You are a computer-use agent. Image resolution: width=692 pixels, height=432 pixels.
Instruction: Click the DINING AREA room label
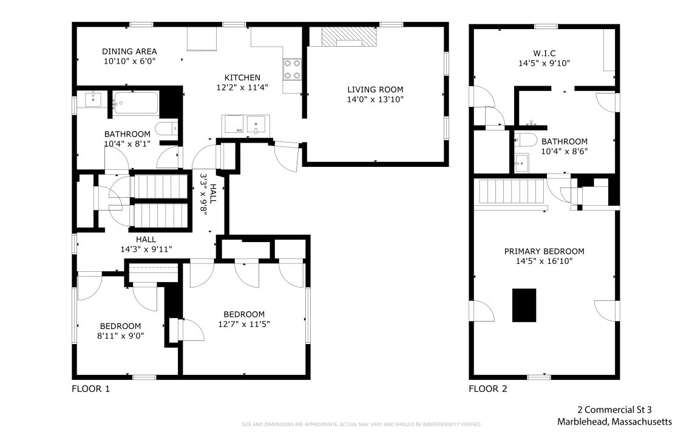tap(129, 52)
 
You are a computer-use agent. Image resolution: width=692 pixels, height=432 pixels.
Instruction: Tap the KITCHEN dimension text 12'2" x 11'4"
tap(242, 87)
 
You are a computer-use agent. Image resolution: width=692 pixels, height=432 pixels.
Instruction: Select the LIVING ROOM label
tap(375, 90)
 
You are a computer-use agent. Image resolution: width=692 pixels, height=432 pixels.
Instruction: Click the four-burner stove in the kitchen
tap(292, 70)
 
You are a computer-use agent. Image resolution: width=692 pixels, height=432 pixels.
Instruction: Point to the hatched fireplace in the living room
tap(348, 37)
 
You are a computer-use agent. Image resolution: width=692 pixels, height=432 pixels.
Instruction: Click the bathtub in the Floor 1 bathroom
tap(135, 103)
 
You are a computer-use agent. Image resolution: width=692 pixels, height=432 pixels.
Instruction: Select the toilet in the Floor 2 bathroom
tap(526, 140)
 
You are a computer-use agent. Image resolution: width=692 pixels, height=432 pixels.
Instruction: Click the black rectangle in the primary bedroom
tap(524, 305)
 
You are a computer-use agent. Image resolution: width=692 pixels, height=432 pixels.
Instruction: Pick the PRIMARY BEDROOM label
tap(544, 252)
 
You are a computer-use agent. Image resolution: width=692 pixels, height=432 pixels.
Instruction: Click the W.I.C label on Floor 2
tap(544, 53)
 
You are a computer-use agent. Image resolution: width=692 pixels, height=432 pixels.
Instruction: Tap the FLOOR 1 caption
tap(90, 389)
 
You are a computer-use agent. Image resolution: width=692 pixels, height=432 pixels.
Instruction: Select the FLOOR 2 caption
tap(487, 389)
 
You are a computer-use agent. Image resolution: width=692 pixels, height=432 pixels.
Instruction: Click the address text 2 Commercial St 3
tap(614, 410)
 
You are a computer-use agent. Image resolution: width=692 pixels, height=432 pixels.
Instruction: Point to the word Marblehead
tap(583, 422)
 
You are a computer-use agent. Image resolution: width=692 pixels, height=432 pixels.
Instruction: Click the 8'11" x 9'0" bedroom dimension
tap(120, 336)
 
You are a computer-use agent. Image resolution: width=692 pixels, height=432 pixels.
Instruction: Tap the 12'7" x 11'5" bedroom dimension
tap(244, 325)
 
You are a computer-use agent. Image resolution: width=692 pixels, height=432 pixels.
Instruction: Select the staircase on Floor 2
tap(511, 192)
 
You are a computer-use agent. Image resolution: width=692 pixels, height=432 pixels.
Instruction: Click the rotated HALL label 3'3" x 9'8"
tap(208, 194)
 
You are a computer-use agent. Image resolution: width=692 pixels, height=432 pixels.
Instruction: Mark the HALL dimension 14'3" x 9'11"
tap(146, 249)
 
